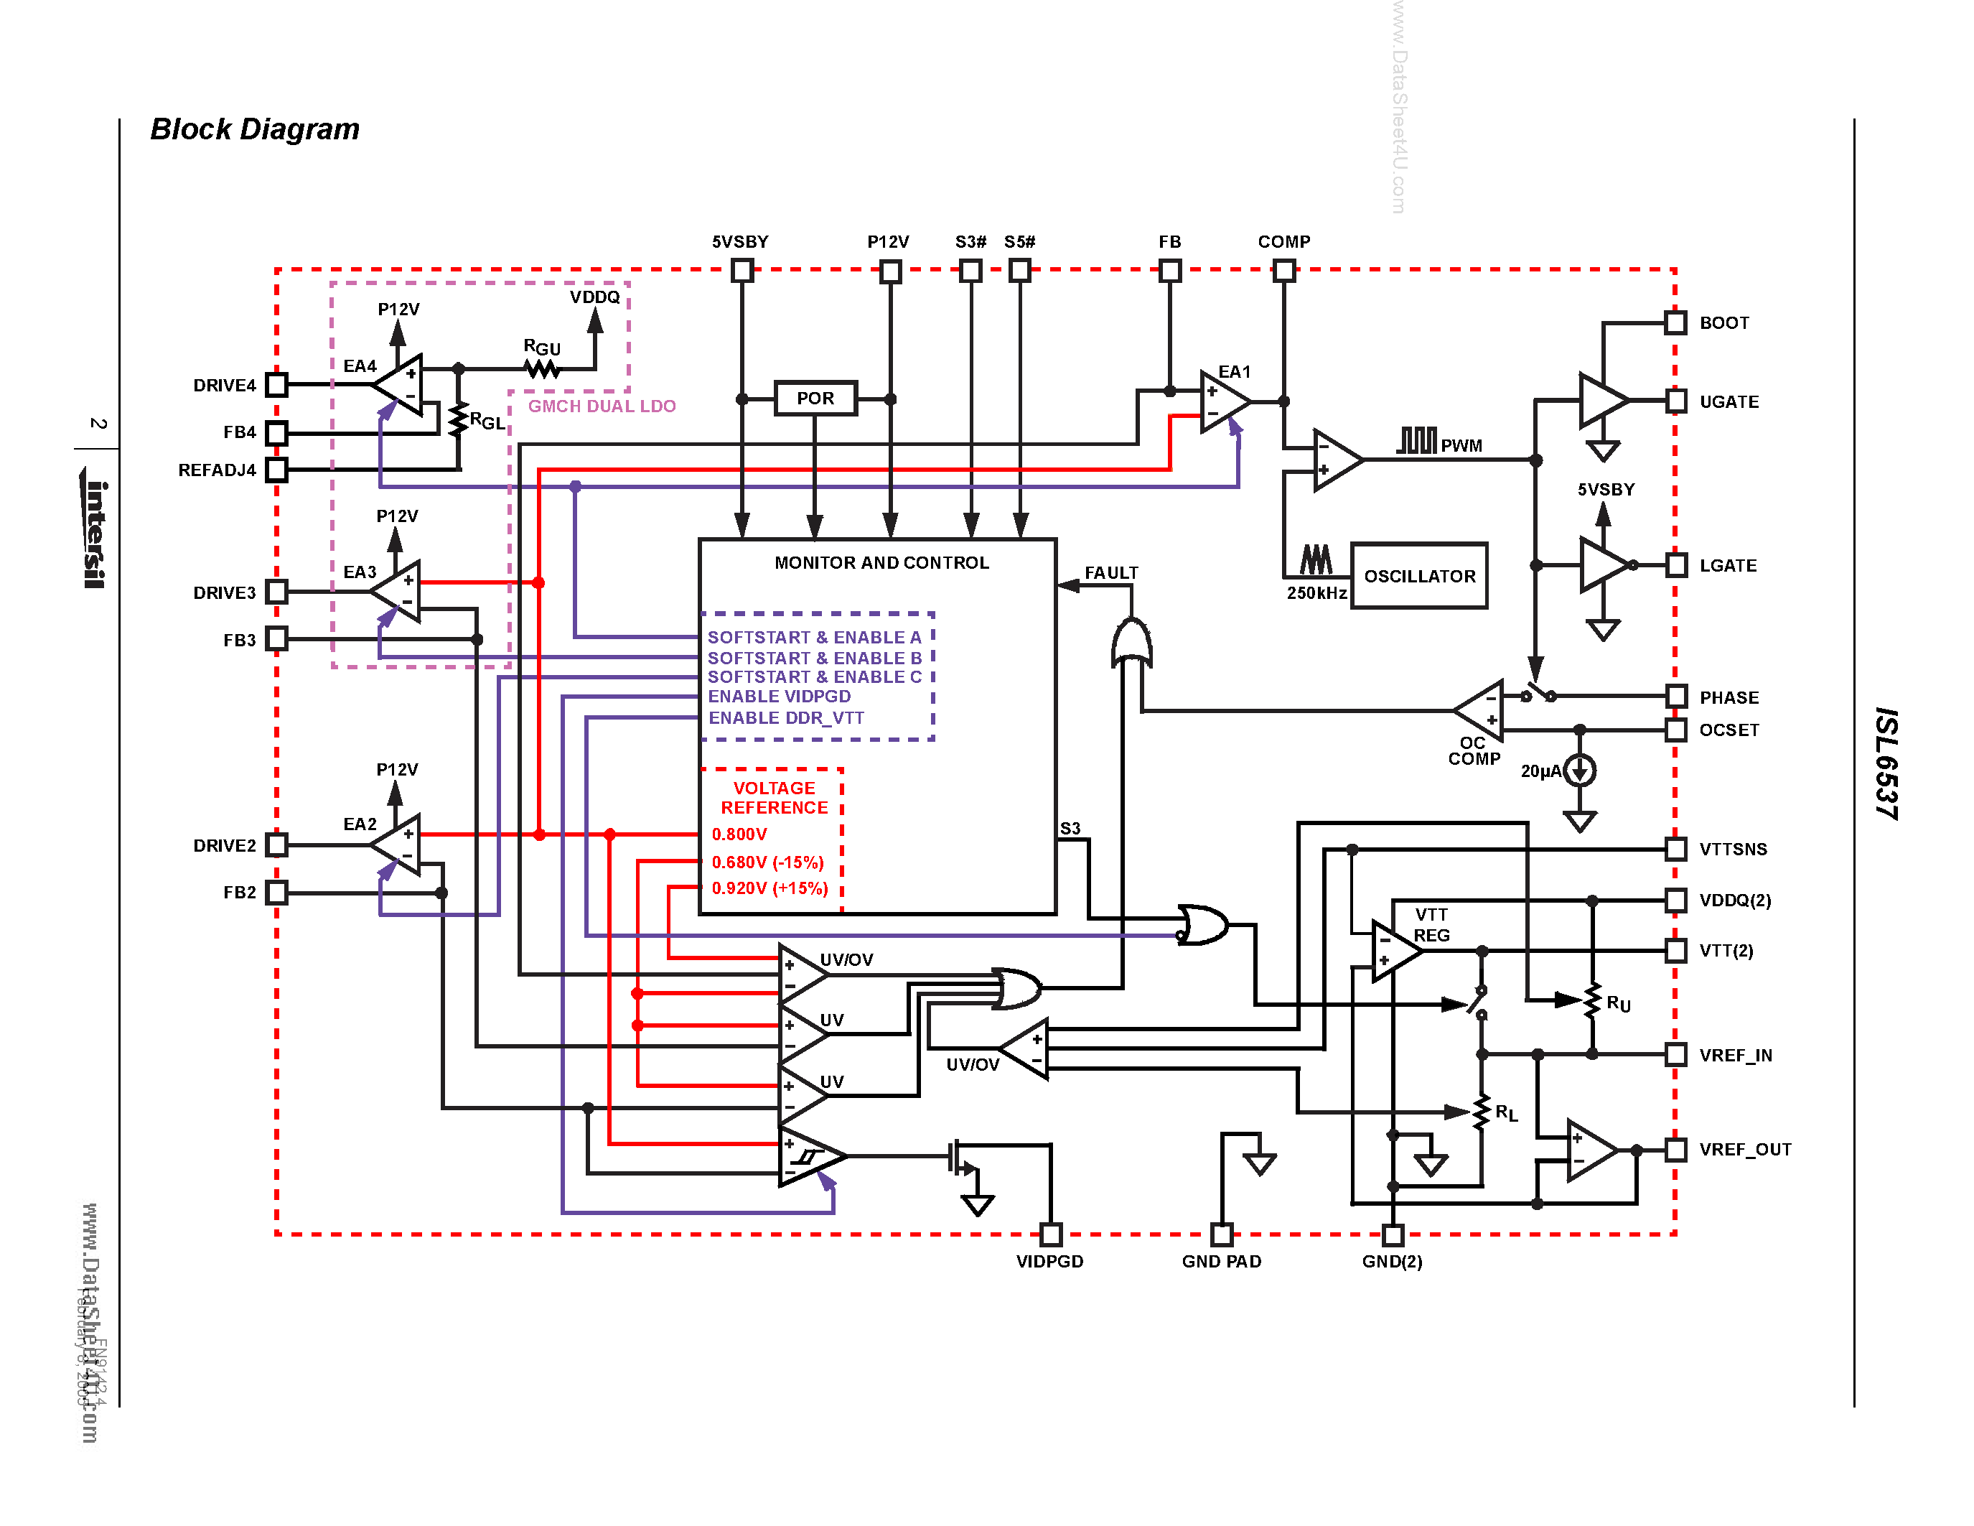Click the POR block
coord(815,398)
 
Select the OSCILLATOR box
coord(1419,576)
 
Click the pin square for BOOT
coord(1675,322)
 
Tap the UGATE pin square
coord(1675,401)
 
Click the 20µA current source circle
coord(1579,771)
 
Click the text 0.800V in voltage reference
coord(739,834)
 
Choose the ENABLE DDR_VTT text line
coord(785,718)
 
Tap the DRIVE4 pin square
coord(276,385)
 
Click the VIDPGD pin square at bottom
coord(1050,1234)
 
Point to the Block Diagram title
coord(255,129)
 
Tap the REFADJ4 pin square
coord(276,470)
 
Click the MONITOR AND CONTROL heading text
coord(881,562)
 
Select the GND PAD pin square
coord(1221,1234)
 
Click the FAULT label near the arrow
coord(1111,573)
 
